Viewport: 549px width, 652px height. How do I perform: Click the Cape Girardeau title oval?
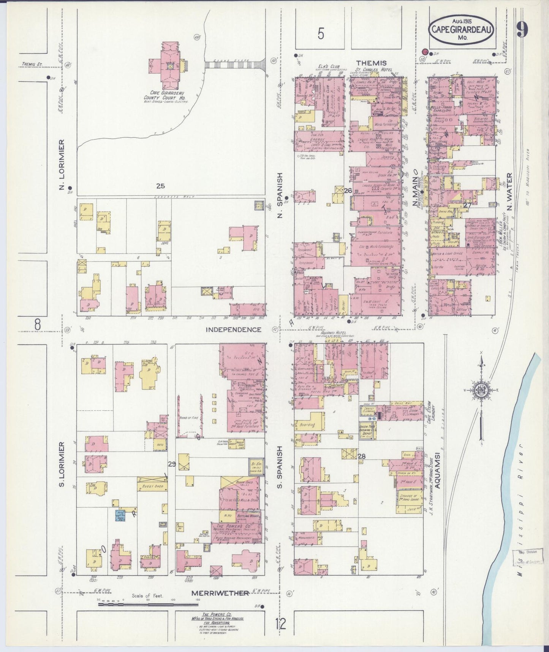point(462,29)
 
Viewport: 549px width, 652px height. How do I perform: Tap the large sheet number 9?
point(522,29)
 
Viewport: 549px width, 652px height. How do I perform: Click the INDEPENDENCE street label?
point(233,329)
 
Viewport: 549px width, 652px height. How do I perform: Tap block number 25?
point(161,186)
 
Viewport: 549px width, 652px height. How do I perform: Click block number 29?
point(172,464)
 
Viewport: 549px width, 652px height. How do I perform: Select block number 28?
point(361,456)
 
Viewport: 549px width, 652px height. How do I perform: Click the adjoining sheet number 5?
point(321,35)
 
